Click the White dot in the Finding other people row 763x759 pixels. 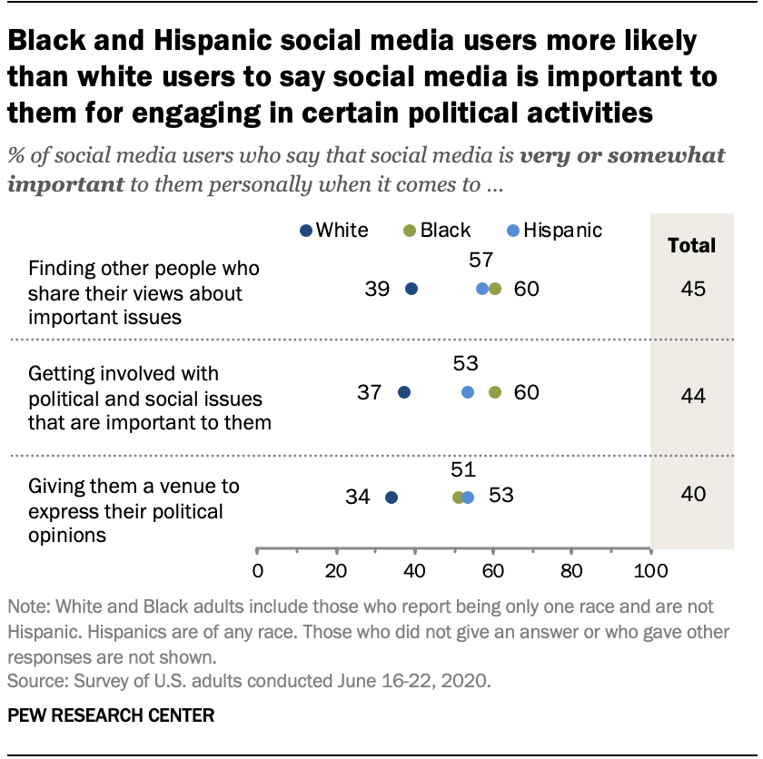tap(411, 289)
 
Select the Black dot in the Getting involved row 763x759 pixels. tap(494, 392)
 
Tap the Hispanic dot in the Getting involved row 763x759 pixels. tap(467, 392)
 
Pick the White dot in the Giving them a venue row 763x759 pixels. tap(391, 497)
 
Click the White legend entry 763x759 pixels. tap(333, 230)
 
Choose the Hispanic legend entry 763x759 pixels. tap(554, 230)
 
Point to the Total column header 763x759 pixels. tap(691, 245)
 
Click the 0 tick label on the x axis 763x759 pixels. tap(258, 572)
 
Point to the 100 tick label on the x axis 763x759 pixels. tap(649, 572)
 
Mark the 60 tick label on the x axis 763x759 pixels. tap(493, 572)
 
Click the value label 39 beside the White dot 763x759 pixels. tap(378, 290)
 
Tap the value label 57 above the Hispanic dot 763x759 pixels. tap(481, 261)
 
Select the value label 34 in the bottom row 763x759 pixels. tap(359, 497)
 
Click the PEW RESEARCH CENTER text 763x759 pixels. tap(111, 715)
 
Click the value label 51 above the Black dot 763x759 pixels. tap(462, 468)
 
